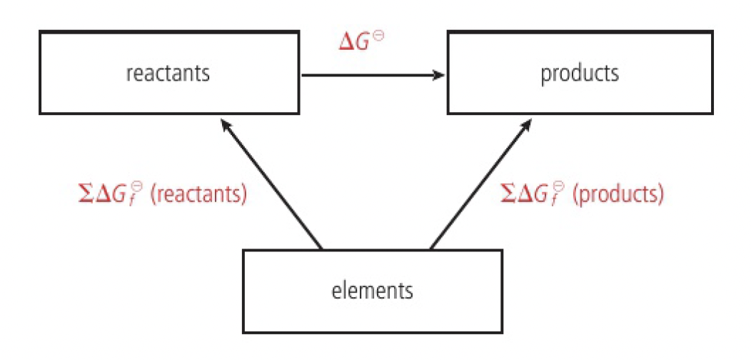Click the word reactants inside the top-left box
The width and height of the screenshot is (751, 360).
pyautogui.click(x=168, y=74)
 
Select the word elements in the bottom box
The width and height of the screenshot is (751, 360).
pyautogui.click(x=372, y=291)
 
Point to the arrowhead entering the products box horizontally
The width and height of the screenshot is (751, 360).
pyautogui.click(x=438, y=74)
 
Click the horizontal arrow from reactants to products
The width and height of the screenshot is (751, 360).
pyautogui.click(x=371, y=74)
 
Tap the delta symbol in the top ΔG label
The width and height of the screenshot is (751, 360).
pyautogui.click(x=348, y=41)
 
